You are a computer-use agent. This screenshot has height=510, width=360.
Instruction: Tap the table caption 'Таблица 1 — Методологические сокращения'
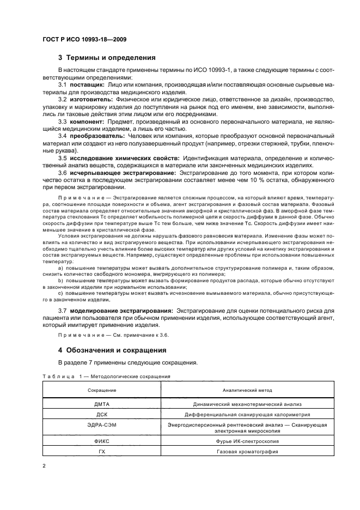[106, 377]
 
